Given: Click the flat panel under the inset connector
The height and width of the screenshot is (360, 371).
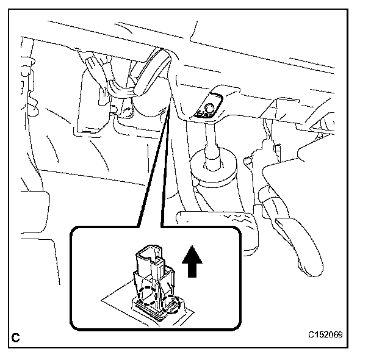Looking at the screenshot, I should tap(122, 305).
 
